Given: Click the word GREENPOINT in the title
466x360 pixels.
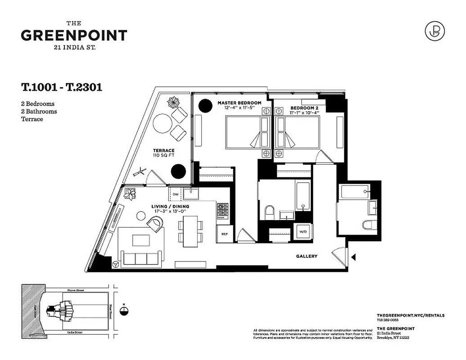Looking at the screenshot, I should pos(74,36).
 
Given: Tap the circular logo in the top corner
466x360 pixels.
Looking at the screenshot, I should pos(434,31).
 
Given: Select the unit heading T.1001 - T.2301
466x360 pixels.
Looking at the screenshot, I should pos(61,87).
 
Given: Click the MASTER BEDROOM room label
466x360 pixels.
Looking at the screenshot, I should pos(240,103).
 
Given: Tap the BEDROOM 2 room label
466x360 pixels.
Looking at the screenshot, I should pos(304,108).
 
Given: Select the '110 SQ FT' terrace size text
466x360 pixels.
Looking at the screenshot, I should pos(163,155).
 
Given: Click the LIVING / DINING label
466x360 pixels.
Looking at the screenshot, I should pos(170,207).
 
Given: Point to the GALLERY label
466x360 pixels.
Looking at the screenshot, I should pos(307,256).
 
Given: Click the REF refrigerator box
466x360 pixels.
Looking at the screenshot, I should pos(224,234).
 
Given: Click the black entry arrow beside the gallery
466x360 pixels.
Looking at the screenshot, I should pos(353,257).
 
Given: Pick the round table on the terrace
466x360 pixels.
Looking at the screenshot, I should pos(162,122).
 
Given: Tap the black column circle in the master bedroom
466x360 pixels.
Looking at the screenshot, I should pos(205,106).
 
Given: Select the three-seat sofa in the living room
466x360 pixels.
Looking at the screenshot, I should pos(140,259).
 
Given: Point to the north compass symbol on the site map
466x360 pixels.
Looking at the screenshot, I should pos(125,310).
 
